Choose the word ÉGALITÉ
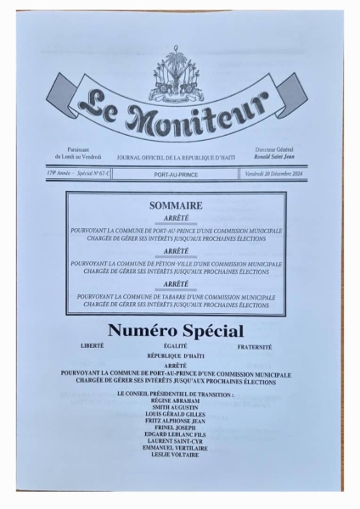point(176,347)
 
